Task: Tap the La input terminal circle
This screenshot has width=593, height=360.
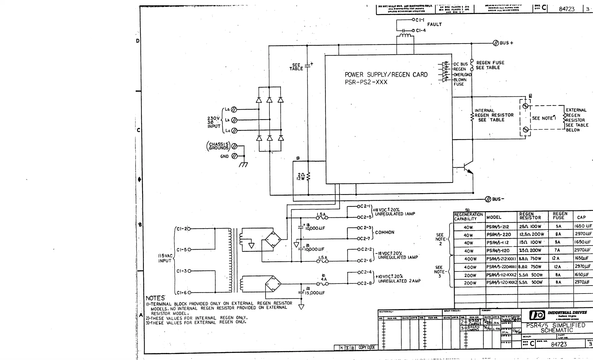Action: pyautogui.click(x=234, y=110)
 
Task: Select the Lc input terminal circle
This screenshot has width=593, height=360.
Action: pyautogui.click(x=234, y=131)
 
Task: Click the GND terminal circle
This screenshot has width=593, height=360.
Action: pyautogui.click(x=234, y=156)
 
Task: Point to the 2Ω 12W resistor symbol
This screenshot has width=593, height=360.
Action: pyautogui.click(x=308, y=177)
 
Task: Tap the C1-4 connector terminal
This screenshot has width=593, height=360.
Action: pyautogui.click(x=413, y=30)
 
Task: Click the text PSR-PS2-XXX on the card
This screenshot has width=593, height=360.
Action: pyautogui.click(x=366, y=82)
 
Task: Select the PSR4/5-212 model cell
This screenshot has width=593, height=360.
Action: pyautogui.click(x=498, y=227)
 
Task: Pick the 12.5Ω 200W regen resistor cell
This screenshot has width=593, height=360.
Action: pyautogui.click(x=531, y=234)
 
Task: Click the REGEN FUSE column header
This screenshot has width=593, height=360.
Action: pyautogui.click(x=560, y=216)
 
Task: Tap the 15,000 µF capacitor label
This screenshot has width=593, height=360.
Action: pyautogui.click(x=315, y=293)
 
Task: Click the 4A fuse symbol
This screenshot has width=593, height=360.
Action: pyautogui.click(x=323, y=284)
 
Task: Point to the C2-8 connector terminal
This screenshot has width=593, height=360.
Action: pyautogui.click(x=359, y=284)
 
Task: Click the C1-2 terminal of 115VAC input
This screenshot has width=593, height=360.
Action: pyautogui.click(x=189, y=229)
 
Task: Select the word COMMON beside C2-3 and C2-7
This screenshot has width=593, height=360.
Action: pyautogui.click(x=384, y=232)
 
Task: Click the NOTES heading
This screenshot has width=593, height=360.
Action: pyautogui.click(x=155, y=298)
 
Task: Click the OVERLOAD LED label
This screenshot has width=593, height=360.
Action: pyautogui.click(x=462, y=75)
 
